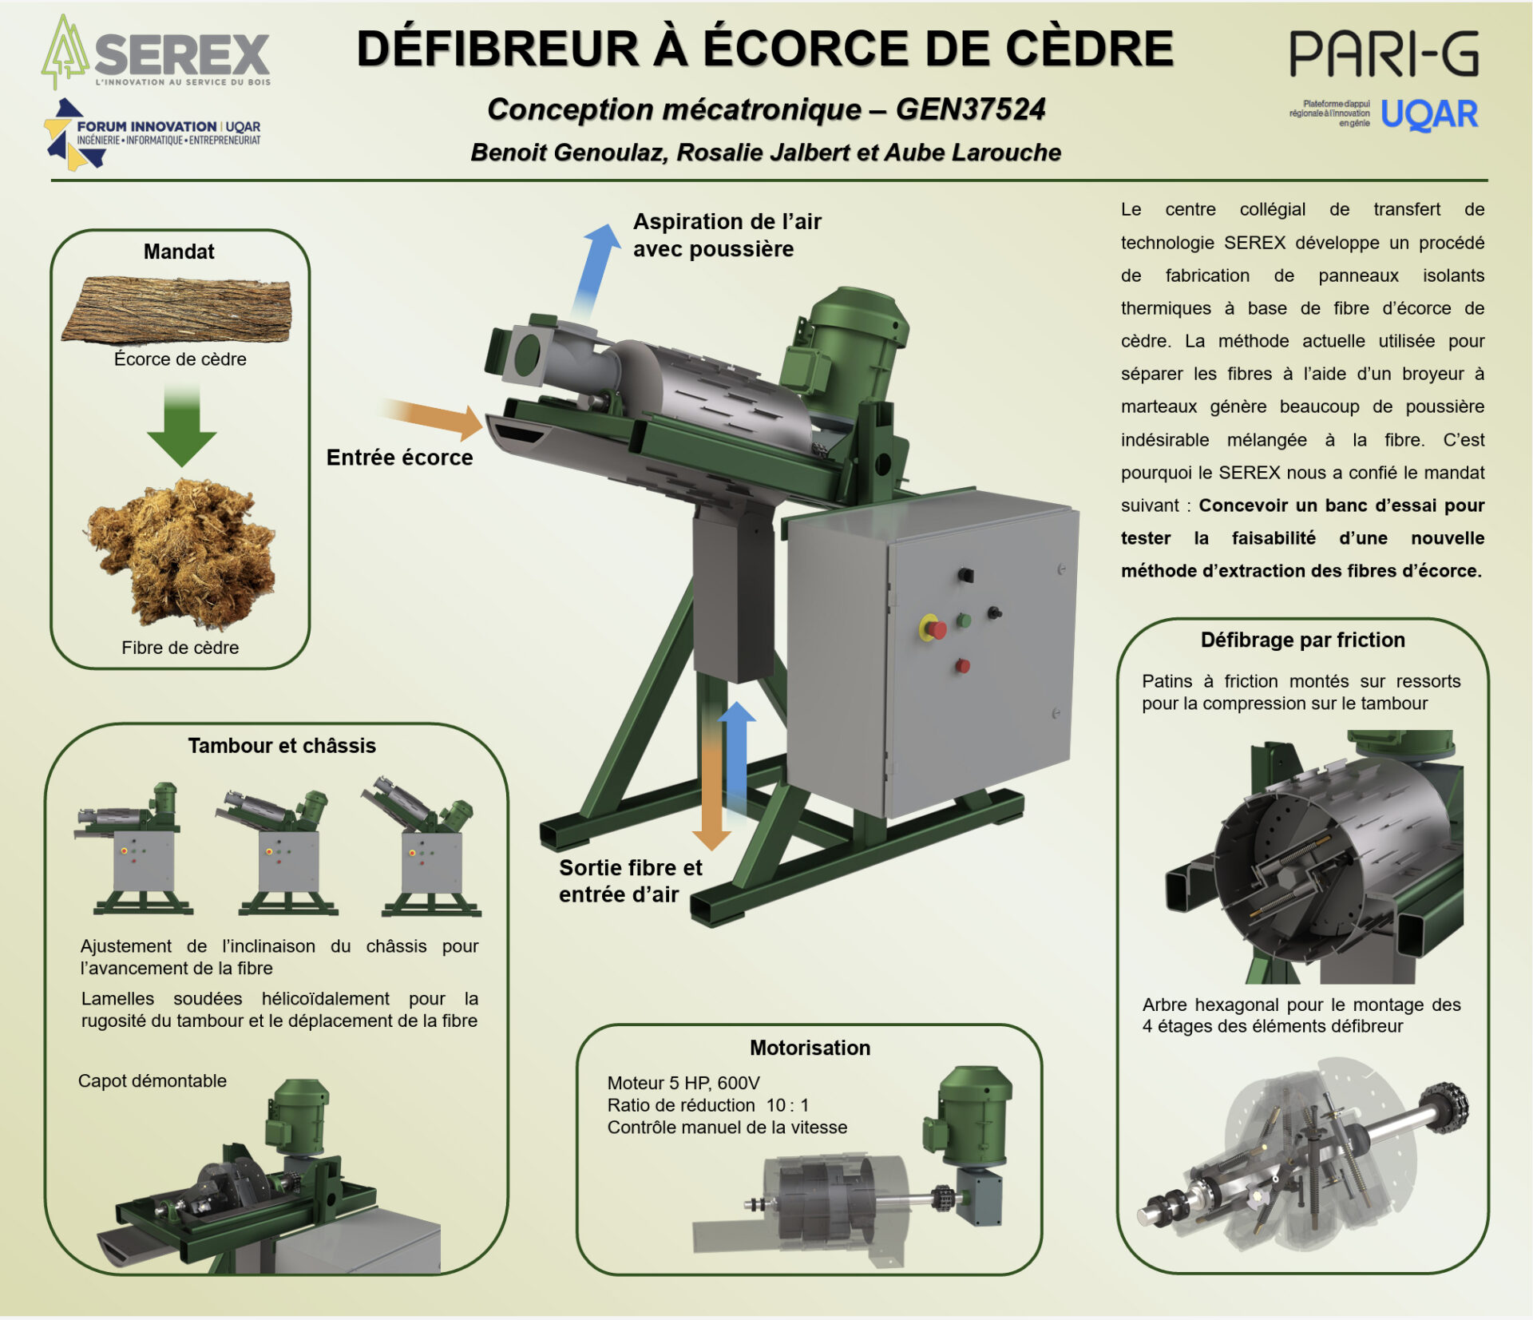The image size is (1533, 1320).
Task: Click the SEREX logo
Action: pos(156,54)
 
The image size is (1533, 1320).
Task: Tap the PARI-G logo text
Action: pos(1383,54)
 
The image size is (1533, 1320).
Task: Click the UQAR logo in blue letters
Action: pos(1429,115)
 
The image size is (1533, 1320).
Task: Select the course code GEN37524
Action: pos(970,109)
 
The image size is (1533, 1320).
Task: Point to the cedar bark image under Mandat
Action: pos(177,309)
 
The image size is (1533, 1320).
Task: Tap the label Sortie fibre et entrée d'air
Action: pos(629,881)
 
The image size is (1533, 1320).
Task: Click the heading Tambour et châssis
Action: pos(282,746)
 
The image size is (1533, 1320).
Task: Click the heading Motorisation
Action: pos(810,1048)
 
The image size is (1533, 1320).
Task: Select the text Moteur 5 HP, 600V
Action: pos(683,1083)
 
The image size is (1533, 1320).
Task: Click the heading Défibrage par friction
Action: pos(1302,640)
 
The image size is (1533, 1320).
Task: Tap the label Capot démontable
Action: pos(153,1080)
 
